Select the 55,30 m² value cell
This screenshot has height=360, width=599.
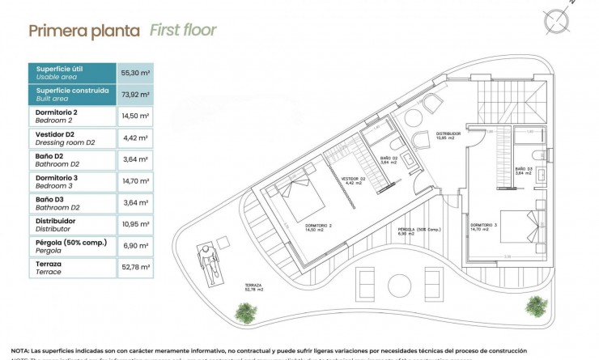pos(135,72)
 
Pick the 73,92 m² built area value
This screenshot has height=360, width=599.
pos(135,94)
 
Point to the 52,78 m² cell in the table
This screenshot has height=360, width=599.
pos(135,268)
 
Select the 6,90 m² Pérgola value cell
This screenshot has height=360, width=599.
pos(135,246)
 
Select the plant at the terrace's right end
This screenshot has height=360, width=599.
pos(535,306)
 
